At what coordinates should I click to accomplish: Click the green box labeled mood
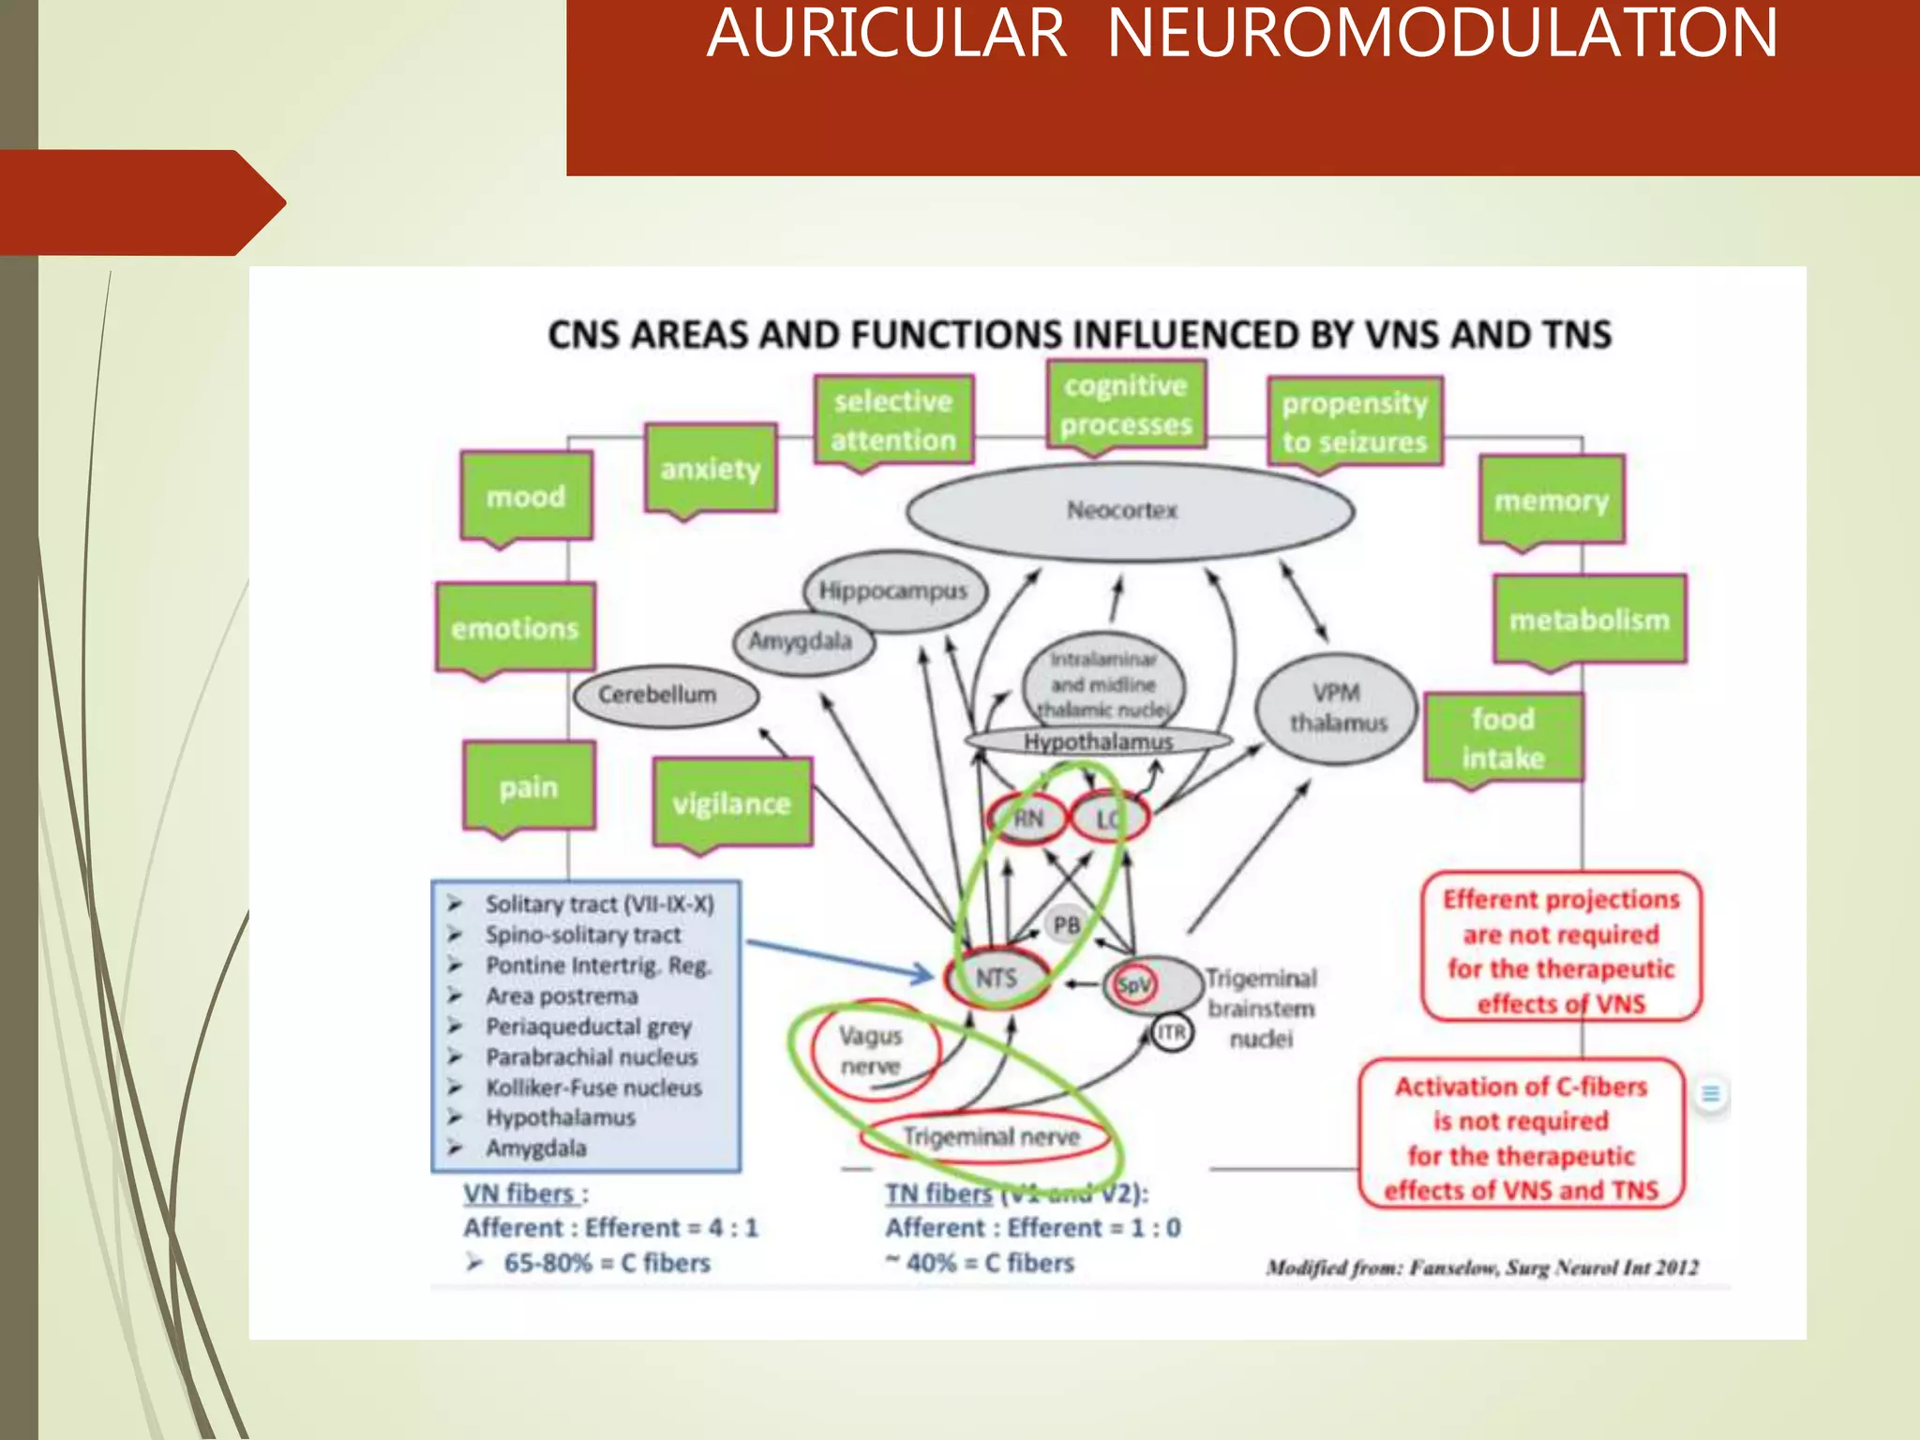[x=526, y=496]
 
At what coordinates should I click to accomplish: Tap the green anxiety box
[x=711, y=469]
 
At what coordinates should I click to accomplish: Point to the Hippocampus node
[x=894, y=592]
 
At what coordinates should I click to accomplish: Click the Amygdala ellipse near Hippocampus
[x=802, y=642]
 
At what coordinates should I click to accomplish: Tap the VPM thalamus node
[x=1336, y=708]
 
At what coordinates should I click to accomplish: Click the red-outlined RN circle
[x=1027, y=818]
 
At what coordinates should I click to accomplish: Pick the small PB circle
[x=1067, y=925]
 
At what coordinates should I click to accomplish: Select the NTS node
[x=997, y=979]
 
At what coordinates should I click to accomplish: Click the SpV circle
[x=1133, y=985]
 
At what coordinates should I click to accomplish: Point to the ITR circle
[x=1171, y=1033]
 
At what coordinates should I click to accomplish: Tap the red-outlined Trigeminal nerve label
[x=990, y=1137]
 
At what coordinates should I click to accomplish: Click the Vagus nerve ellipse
[x=871, y=1051]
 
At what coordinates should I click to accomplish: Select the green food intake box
[x=1503, y=738]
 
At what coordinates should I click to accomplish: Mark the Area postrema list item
[x=562, y=997]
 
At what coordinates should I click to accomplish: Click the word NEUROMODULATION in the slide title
[x=1442, y=34]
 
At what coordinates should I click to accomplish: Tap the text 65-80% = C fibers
[x=607, y=1264]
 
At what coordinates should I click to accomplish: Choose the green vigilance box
[x=732, y=803]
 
